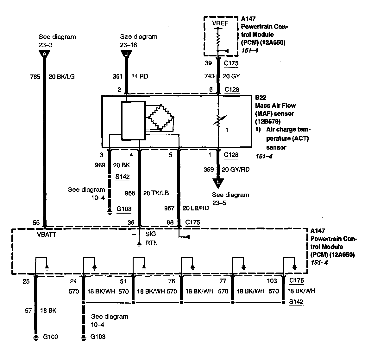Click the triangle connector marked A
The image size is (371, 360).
[45, 54]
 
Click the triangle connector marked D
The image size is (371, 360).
[126, 54]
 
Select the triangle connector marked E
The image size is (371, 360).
[218, 182]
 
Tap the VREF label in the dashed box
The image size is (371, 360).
[220, 23]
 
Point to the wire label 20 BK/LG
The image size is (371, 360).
[62, 76]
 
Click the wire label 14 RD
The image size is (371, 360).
[139, 76]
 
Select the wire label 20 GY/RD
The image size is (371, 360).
[236, 170]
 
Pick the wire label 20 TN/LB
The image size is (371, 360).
[156, 193]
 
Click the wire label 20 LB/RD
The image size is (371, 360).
[195, 208]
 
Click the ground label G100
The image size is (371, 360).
[50, 337]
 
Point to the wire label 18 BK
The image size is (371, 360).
[48, 311]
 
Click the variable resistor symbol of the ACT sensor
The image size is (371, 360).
[218, 121]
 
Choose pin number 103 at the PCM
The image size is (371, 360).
[272, 281]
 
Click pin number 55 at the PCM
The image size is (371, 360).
[36, 222]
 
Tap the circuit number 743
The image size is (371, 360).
[210, 76]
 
